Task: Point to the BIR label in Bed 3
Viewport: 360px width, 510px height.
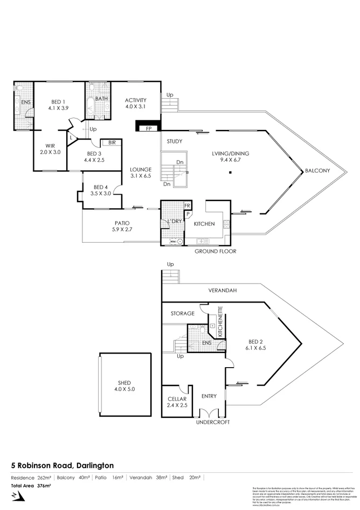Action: tap(112, 143)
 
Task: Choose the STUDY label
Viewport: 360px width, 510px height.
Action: tap(174, 142)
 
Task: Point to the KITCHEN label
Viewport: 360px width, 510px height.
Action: tap(204, 224)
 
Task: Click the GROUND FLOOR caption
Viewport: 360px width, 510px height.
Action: tap(215, 251)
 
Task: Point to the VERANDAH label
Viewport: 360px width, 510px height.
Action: tap(223, 290)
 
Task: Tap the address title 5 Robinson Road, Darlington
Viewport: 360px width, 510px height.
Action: tap(63, 465)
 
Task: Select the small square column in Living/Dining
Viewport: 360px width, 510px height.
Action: tap(230, 173)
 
